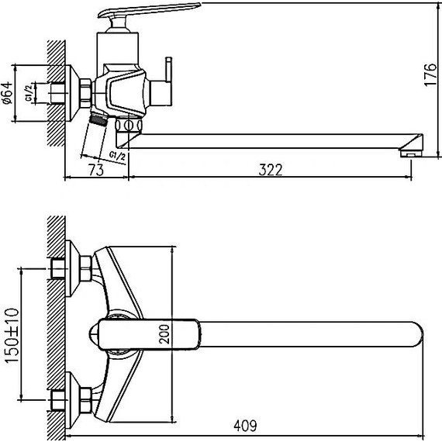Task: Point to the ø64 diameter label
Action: (7, 92)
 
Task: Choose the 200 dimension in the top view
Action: (162, 335)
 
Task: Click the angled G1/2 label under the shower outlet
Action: (119, 157)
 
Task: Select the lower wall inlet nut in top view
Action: (59, 401)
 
